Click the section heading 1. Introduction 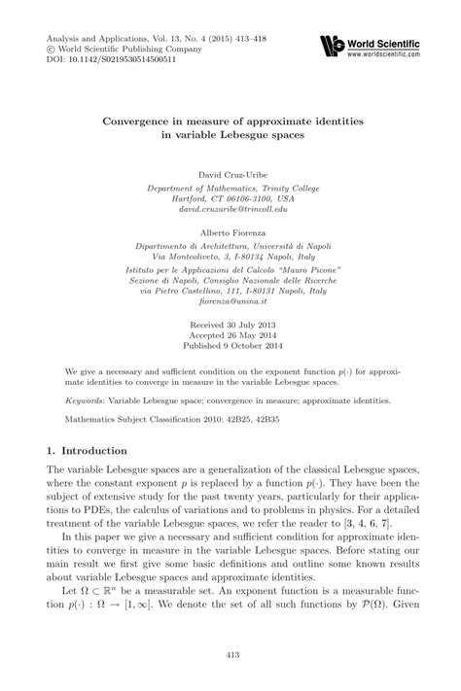(88, 451)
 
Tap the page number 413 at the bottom (230, 654)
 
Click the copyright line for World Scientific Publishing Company (107, 48)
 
